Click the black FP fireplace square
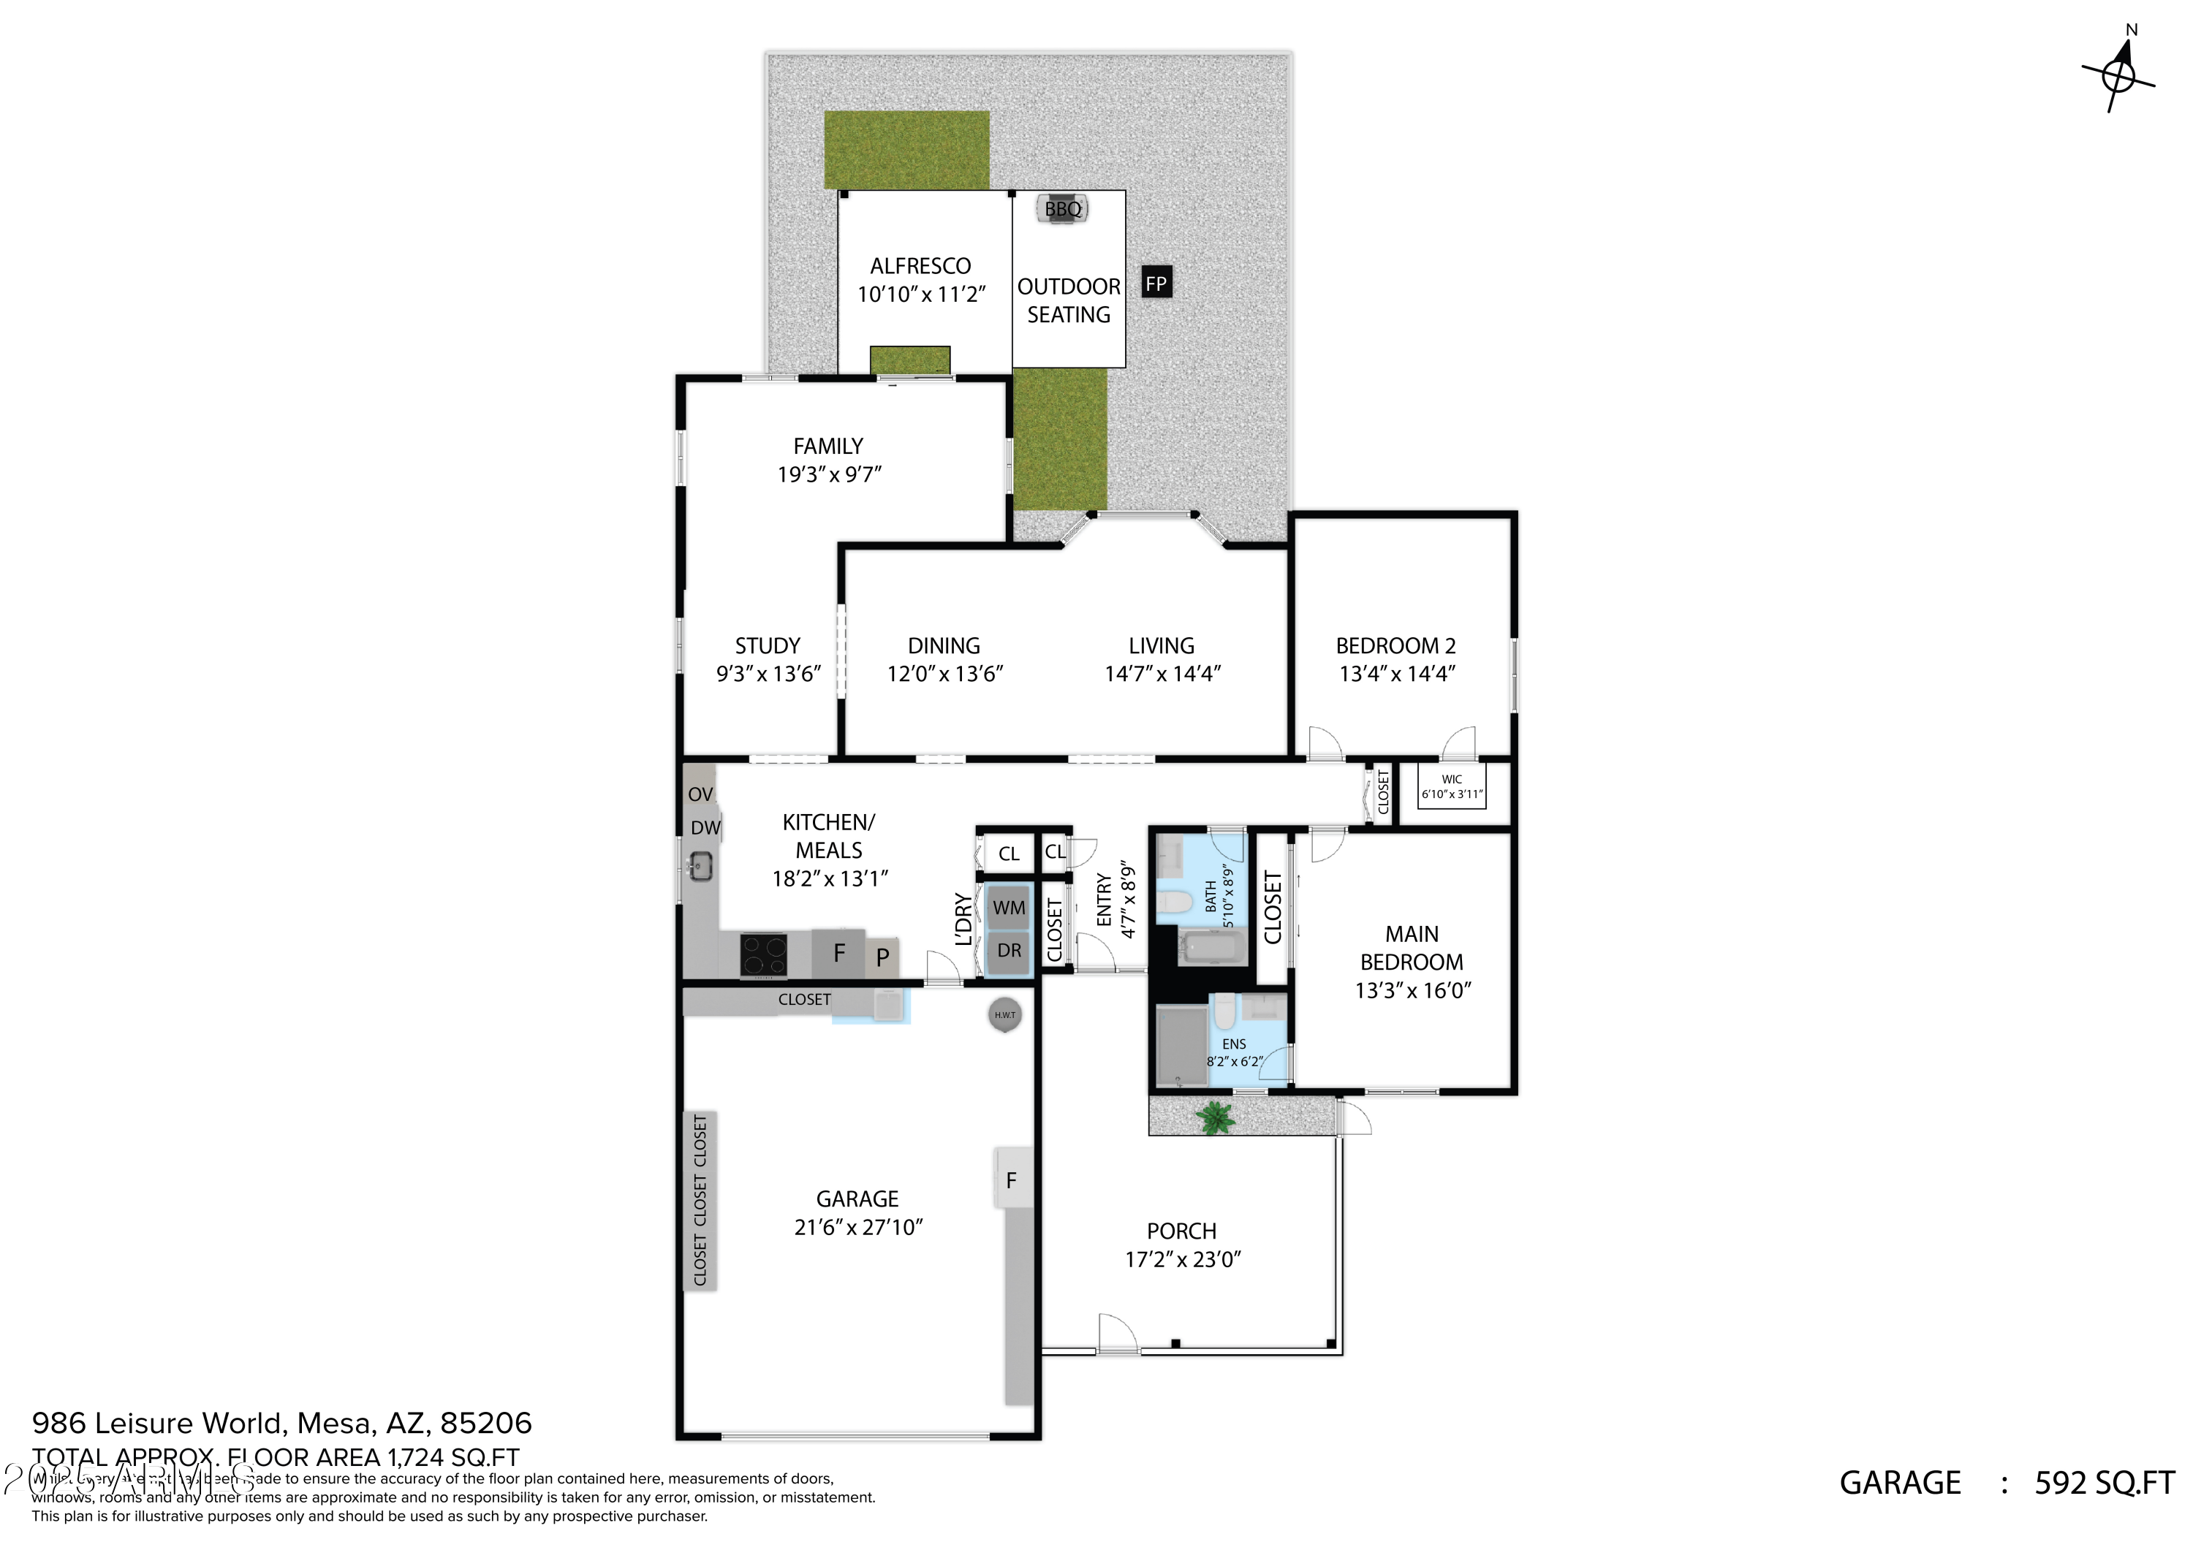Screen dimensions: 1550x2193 pyautogui.click(x=1156, y=283)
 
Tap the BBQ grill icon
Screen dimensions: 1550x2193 pyautogui.click(x=1062, y=209)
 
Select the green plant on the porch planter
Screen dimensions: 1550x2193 pyautogui.click(x=1215, y=1117)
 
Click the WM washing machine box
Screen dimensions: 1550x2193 pyautogui.click(x=1009, y=907)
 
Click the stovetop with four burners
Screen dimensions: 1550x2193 pyautogui.click(x=763, y=955)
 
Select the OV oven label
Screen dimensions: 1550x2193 pyautogui.click(x=700, y=794)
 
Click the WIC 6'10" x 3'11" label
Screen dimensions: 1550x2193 pyautogui.click(x=1451, y=787)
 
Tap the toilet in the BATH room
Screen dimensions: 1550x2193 pyautogui.click(x=1175, y=900)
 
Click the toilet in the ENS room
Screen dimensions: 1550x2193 pyautogui.click(x=1225, y=1011)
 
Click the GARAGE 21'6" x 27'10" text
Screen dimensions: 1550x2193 pyautogui.click(x=857, y=1213)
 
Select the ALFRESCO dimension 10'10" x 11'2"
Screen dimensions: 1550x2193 pyautogui.click(x=921, y=295)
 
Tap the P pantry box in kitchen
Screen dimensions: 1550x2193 pyautogui.click(x=882, y=957)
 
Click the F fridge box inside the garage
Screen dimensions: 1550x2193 pyautogui.click(x=1012, y=1180)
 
